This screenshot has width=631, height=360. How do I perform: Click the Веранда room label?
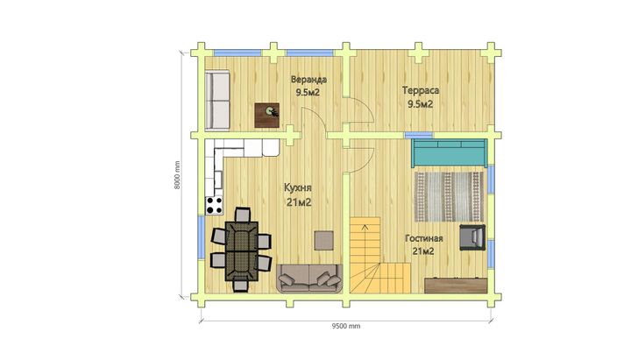308,79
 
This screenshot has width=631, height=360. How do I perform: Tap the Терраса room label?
421,90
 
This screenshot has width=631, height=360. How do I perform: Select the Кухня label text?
298,187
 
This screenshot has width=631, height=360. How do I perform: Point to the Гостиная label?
424,238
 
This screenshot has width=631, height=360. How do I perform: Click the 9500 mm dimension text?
346,326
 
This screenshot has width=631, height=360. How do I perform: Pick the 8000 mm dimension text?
177,175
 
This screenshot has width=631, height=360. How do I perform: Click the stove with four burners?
214,205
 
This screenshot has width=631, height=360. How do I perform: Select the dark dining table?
241,251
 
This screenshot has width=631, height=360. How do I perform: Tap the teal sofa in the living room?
449,152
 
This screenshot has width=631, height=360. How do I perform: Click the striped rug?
449,197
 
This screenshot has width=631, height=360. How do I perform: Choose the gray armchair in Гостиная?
472,236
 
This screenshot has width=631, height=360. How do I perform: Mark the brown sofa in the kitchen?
309,278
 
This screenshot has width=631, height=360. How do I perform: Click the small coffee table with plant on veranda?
266,115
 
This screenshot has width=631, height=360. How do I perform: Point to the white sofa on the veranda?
217,101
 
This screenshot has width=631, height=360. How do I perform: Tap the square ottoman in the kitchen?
324,240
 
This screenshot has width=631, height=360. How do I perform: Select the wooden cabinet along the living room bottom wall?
456,286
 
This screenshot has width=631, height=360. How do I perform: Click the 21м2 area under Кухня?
299,202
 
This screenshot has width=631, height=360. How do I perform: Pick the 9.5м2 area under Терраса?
421,104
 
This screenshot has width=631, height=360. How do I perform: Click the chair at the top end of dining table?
242,215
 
